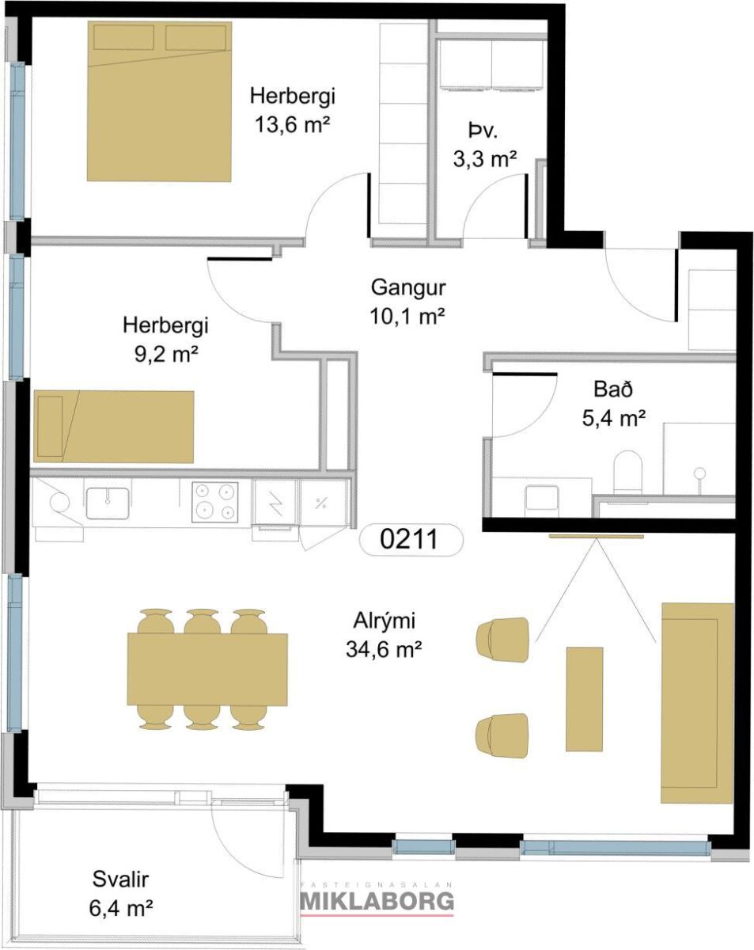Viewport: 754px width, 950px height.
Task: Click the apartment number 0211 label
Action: click(x=408, y=539)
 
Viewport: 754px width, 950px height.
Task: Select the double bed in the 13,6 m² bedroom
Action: click(x=159, y=101)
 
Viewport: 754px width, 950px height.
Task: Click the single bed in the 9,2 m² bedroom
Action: click(x=114, y=427)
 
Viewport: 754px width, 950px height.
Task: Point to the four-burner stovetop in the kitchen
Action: click(x=215, y=502)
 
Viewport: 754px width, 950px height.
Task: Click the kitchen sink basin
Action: click(x=108, y=503)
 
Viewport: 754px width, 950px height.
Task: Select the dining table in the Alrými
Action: click(x=207, y=669)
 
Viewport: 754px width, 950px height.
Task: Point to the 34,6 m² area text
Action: click(x=384, y=649)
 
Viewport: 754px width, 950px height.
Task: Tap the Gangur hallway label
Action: click(x=408, y=287)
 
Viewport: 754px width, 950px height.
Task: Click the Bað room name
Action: click(x=613, y=389)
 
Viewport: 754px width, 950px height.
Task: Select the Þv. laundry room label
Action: click(x=483, y=131)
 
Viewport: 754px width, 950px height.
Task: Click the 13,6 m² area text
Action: click(x=293, y=124)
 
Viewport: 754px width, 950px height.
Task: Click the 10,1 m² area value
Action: click(x=407, y=316)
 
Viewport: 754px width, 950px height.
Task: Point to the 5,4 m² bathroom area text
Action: click(x=614, y=418)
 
